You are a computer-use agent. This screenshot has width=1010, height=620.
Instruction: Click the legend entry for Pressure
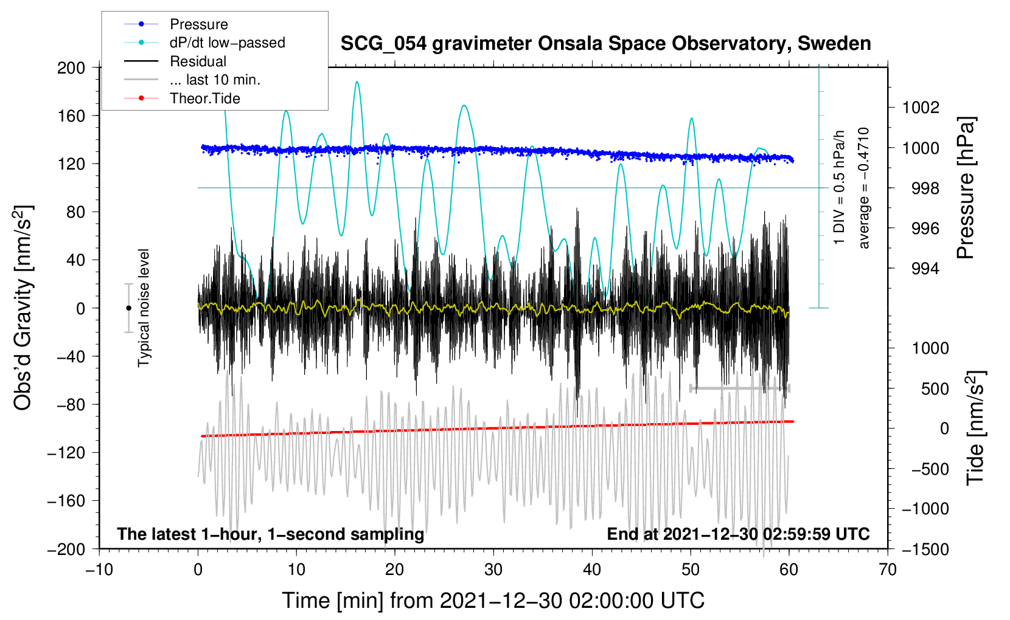pos(198,24)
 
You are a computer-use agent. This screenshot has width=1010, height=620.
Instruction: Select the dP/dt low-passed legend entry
pos(227,43)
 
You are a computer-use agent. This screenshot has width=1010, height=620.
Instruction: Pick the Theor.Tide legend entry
pos(204,98)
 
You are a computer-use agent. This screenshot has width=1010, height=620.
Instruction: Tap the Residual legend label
pos(198,61)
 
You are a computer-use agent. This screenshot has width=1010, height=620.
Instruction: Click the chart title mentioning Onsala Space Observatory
pos(605,44)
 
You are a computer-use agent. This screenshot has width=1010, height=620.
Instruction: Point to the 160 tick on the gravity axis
pos(71,115)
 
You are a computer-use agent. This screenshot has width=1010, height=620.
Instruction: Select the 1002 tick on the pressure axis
pos(921,108)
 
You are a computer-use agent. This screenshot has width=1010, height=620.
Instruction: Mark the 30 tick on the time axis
pos(493,570)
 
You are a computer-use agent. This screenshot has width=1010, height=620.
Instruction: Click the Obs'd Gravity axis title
pos(23,308)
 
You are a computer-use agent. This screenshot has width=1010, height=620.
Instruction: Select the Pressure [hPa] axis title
pos(966,188)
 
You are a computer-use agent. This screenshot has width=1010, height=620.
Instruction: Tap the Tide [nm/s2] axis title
pos(975,428)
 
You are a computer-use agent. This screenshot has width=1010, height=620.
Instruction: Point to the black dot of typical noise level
pos(128,308)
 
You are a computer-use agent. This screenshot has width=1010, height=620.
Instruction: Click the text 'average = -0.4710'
pos(863,188)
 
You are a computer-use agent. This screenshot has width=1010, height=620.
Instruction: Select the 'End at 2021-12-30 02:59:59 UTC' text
pos(738,534)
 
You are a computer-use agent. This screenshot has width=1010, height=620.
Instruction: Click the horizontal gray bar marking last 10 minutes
pos(739,388)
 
